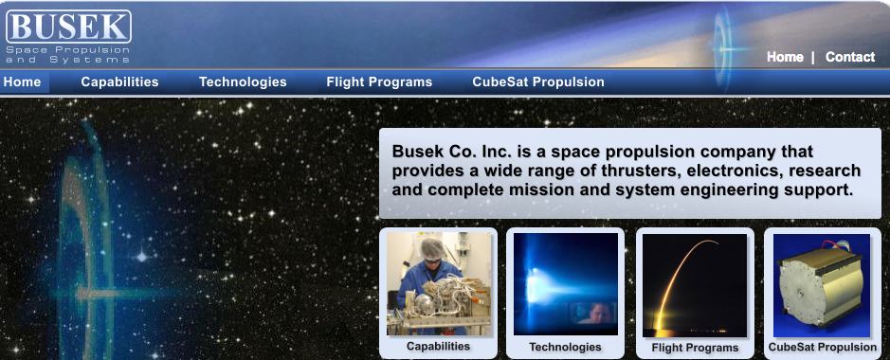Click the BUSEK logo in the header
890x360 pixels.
tap(68, 27)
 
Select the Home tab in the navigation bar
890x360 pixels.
tap(22, 82)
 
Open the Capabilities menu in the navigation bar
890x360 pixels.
tap(119, 82)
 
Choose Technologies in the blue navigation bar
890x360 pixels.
tap(243, 82)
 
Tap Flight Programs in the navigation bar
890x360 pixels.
tap(379, 82)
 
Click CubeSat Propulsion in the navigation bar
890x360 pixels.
tap(538, 82)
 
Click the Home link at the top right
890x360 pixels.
tap(785, 57)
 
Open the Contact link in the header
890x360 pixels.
tap(850, 57)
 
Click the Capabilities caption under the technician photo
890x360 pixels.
tap(438, 346)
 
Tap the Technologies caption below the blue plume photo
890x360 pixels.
tap(565, 347)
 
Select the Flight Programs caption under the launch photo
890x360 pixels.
tap(696, 348)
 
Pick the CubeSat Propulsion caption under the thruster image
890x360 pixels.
tap(823, 347)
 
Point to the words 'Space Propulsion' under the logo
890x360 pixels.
tap(68, 50)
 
